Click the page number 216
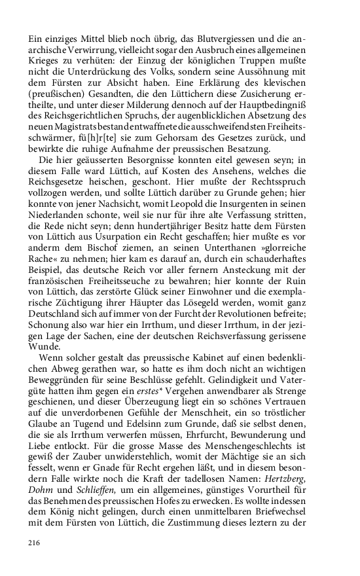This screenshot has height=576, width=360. pos(34,543)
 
